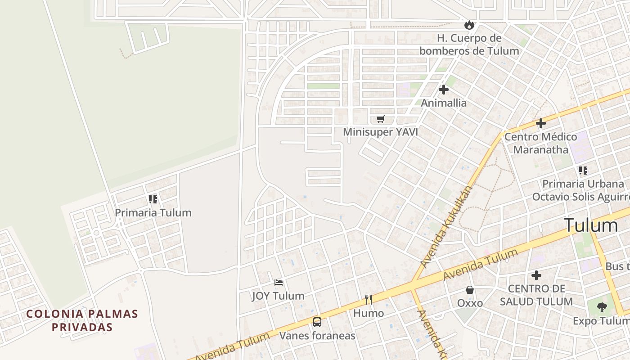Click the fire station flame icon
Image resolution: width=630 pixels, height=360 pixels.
[x=469, y=25]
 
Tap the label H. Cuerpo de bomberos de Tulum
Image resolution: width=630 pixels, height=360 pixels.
[x=469, y=44]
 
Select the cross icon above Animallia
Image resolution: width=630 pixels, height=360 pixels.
[x=444, y=90]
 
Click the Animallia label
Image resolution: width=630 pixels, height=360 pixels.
[x=444, y=103]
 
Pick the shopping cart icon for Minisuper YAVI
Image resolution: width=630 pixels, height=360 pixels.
[x=381, y=119]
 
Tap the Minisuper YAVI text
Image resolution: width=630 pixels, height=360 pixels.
[x=380, y=132]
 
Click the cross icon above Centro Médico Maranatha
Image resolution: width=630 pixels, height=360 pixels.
[x=541, y=123]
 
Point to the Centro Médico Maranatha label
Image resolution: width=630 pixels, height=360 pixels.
[x=540, y=143]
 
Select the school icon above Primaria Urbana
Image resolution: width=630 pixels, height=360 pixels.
[x=583, y=171]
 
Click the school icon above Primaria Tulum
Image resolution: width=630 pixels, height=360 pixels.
[x=153, y=199]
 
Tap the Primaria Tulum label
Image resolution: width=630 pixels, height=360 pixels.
[x=153, y=212]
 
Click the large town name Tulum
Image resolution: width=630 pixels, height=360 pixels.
[x=591, y=225]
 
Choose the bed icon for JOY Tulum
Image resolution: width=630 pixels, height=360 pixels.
[x=279, y=283]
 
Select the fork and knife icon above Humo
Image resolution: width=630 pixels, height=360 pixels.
[x=369, y=300]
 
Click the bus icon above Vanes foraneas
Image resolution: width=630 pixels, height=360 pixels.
[x=317, y=322]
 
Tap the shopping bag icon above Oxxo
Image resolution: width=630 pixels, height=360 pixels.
[x=470, y=290]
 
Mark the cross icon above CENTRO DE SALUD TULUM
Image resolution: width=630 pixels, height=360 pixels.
[x=536, y=275]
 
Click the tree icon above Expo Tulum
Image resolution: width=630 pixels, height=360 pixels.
[x=602, y=307]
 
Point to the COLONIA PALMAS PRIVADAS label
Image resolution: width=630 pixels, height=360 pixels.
[x=82, y=320]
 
